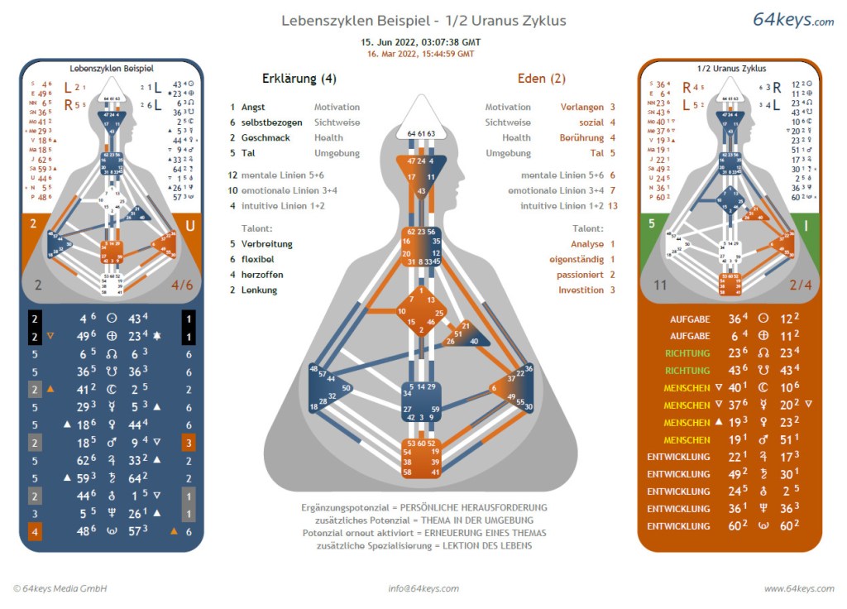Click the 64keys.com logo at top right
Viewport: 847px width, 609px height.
792,20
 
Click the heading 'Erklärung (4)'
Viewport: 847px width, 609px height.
299,79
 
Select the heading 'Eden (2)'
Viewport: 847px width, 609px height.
541,79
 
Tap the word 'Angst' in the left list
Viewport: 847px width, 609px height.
253,108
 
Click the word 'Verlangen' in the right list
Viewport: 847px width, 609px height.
581,108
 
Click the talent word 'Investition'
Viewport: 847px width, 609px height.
581,290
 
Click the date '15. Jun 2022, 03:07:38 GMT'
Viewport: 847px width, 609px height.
421,41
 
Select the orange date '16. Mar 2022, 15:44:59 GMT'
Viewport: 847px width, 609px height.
421,53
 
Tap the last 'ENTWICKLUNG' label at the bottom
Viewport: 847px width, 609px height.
678,526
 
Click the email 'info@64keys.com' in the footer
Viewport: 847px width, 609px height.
423,588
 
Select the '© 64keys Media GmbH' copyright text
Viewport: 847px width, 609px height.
60,588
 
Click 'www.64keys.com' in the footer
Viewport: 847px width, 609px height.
798,588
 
